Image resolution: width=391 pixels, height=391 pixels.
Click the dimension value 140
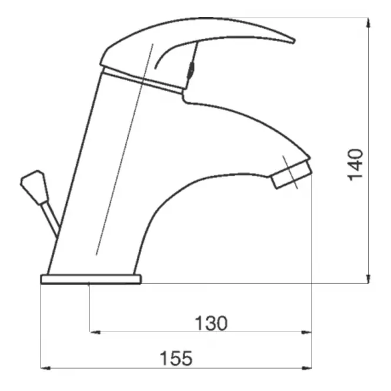pyautogui.click(x=356, y=165)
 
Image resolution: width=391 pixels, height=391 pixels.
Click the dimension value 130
pyautogui.click(x=211, y=323)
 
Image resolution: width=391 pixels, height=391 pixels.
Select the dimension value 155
pyautogui.click(x=176, y=359)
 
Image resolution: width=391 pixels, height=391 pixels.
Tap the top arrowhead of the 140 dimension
pyautogui.click(x=369, y=22)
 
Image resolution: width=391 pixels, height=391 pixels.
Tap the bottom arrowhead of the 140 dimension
pyautogui.click(x=369, y=279)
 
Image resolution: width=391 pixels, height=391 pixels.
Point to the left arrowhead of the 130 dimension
pyautogui.click(x=95, y=332)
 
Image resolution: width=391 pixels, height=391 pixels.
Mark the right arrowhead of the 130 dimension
pyautogui.click(x=306, y=332)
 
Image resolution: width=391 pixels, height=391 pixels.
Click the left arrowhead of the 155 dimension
pyautogui.click(x=46, y=368)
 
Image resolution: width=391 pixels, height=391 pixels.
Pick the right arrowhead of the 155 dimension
pyautogui.click(x=306, y=368)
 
